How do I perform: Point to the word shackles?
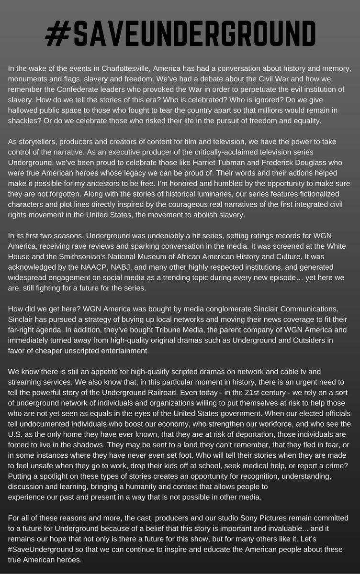[x=23, y=121]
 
